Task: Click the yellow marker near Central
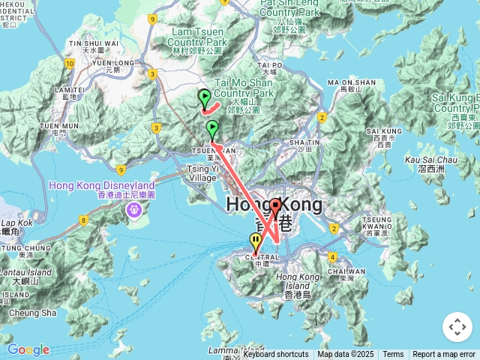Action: [x=256, y=241]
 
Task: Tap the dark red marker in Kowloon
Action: [x=276, y=206]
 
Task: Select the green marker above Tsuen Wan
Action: [x=212, y=127]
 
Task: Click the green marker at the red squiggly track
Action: [x=204, y=97]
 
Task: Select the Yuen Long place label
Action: [x=112, y=63]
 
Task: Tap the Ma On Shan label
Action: [x=351, y=82]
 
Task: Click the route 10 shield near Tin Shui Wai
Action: [x=70, y=64]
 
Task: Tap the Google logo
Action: [x=28, y=349]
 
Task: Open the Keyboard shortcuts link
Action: [x=275, y=355]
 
